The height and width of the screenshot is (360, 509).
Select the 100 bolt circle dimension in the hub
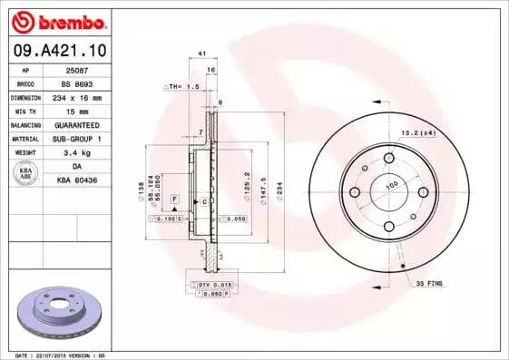393,186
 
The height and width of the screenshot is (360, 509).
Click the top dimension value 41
201,55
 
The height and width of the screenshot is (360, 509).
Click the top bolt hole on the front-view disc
388,158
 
